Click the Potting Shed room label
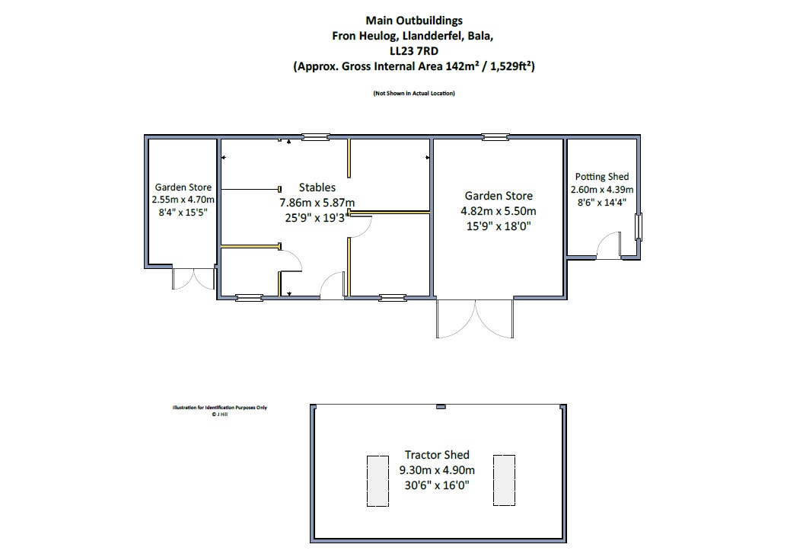[602, 177]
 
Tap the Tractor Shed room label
[437, 455]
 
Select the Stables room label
[317, 187]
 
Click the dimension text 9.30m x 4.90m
[437, 470]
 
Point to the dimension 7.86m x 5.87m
[317, 203]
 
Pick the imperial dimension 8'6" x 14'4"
[602, 203]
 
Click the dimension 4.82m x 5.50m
[499, 211]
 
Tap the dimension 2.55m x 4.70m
[183, 200]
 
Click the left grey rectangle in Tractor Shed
[378, 481]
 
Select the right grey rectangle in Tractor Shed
[505, 480]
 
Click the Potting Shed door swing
[607, 245]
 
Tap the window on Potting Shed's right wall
[639, 226]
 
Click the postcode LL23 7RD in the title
[414, 51]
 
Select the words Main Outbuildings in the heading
[414, 21]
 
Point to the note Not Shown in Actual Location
[414, 93]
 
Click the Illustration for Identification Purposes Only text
[220, 408]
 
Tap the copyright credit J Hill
[220, 415]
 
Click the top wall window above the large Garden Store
[495, 136]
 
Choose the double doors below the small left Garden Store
[194, 279]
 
